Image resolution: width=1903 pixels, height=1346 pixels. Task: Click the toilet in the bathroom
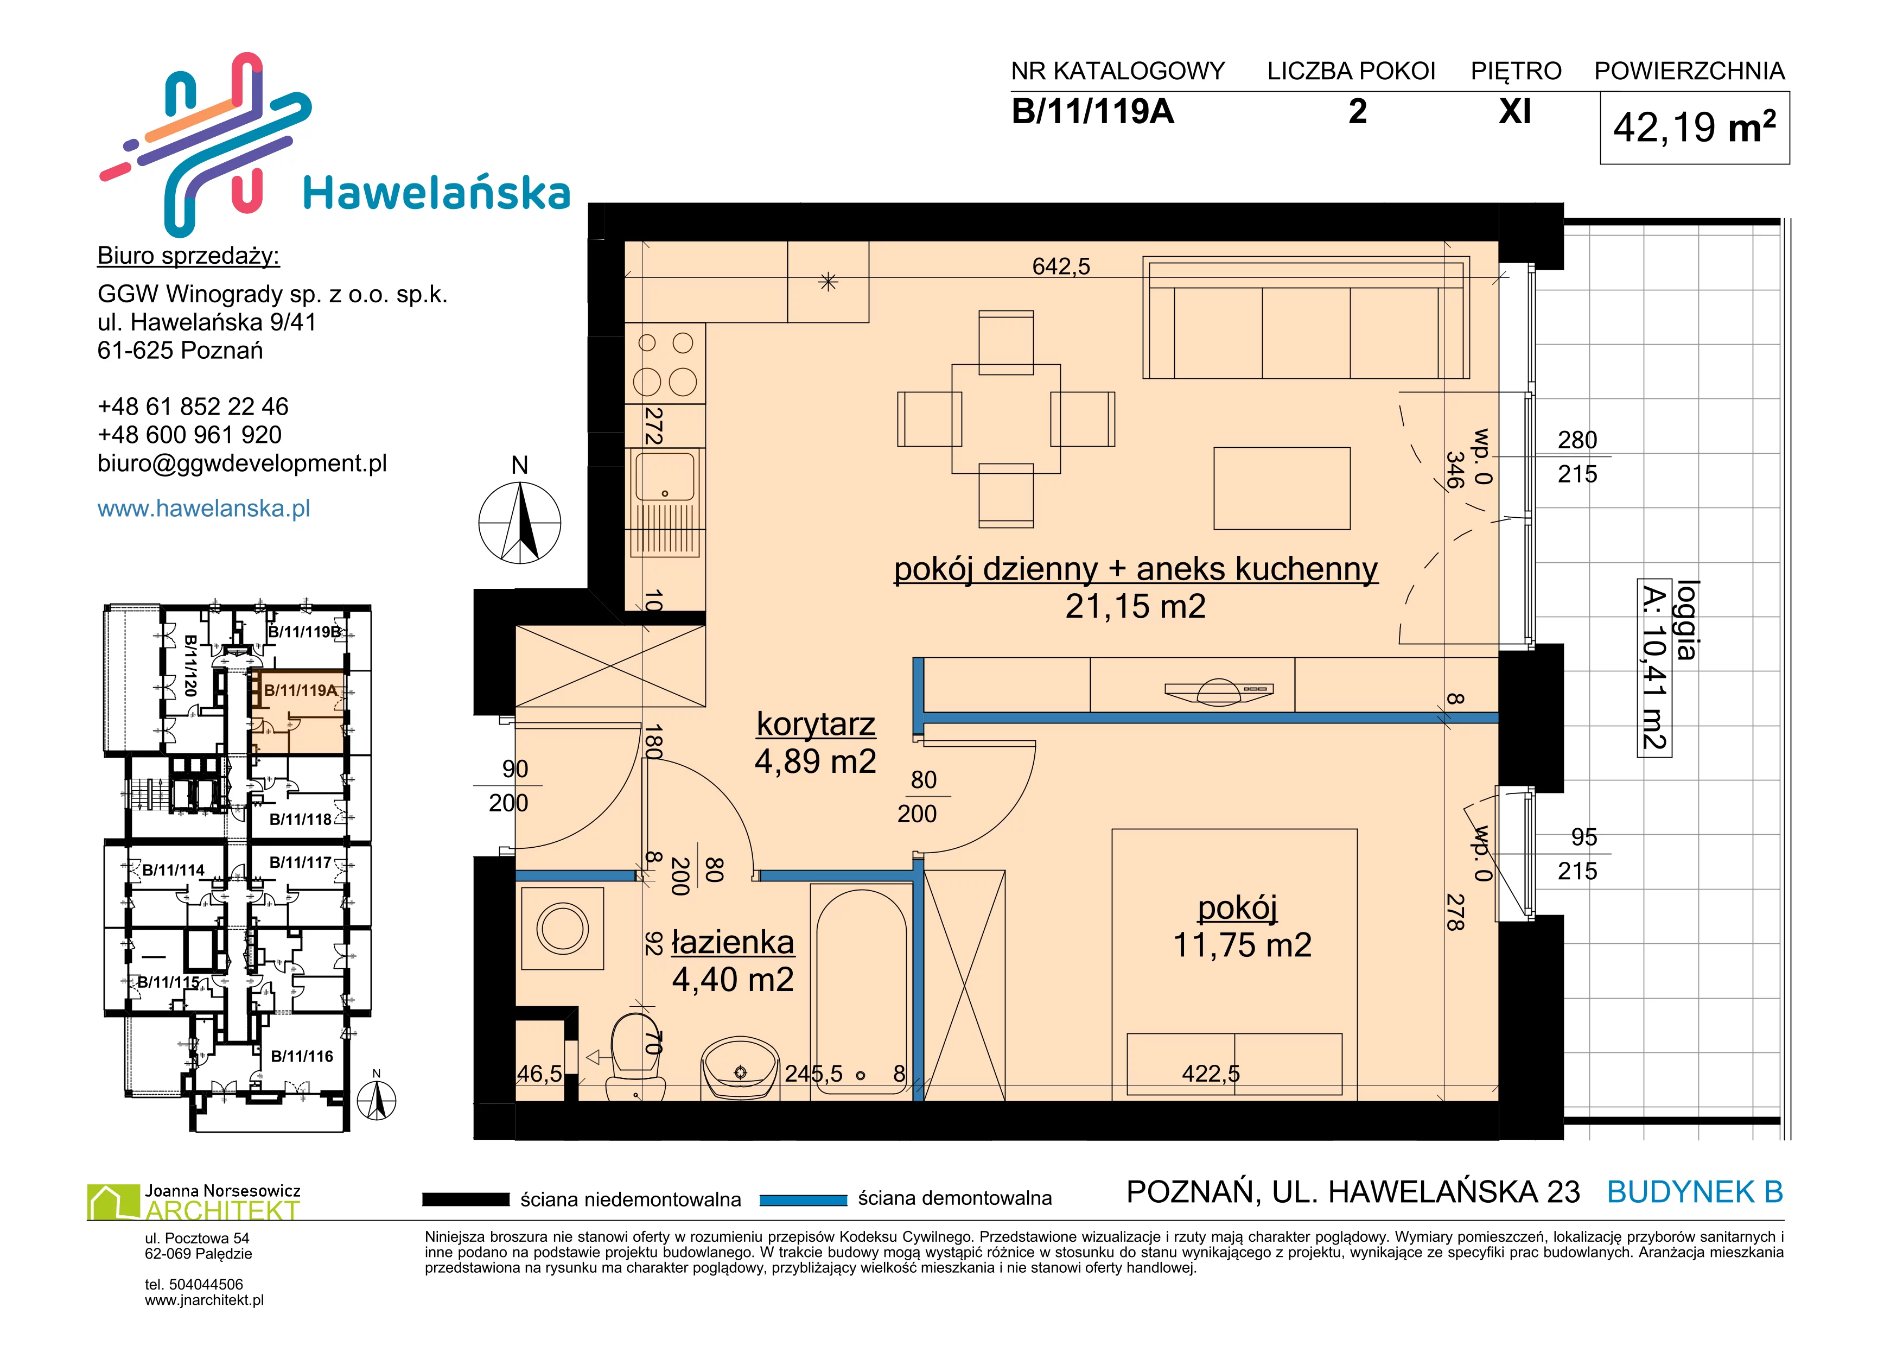pyautogui.click(x=637, y=1056)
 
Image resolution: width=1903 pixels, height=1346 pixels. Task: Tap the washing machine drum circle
pyautogui.click(x=563, y=928)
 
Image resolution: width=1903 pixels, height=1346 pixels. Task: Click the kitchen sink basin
pyautogui.click(x=665, y=476)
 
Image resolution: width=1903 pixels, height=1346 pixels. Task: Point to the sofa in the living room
pyautogui.click(x=1306, y=318)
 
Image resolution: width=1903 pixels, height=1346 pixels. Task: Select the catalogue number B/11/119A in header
pyautogui.click(x=1092, y=111)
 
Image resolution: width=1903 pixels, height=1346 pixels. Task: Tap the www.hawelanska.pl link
pyautogui.click(x=204, y=508)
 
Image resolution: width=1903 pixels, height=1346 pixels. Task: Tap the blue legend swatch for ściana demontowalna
pyautogui.click(x=803, y=1199)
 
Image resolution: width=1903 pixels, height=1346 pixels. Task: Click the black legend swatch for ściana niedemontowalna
pyautogui.click(x=465, y=1199)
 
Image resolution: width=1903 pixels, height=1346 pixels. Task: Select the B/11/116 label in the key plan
pyautogui.click(x=302, y=1056)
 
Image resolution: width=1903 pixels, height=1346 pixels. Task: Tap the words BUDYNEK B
pyautogui.click(x=1695, y=1192)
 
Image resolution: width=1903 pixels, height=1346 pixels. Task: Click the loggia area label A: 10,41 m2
pyautogui.click(x=1654, y=668)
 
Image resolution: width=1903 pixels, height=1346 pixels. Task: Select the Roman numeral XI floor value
pyautogui.click(x=1515, y=111)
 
